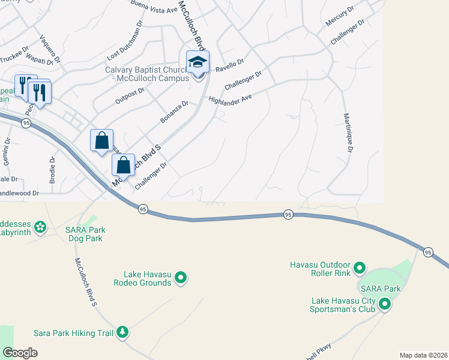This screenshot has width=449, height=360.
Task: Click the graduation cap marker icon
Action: coord(197,62)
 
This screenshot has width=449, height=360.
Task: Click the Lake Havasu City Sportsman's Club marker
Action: coord(385,305)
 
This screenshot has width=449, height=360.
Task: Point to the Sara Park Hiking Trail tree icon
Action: coord(122,332)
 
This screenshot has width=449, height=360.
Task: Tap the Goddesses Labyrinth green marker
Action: coord(40,227)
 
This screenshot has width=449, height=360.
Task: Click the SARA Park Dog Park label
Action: coord(84,234)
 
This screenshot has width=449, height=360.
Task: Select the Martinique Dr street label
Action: coord(348,133)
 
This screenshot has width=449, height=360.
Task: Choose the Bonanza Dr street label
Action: coord(174,112)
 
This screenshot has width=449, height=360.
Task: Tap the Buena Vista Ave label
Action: coord(154,7)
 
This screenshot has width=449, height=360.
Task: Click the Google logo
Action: coord(20,353)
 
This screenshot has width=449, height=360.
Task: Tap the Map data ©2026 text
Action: coord(423,355)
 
